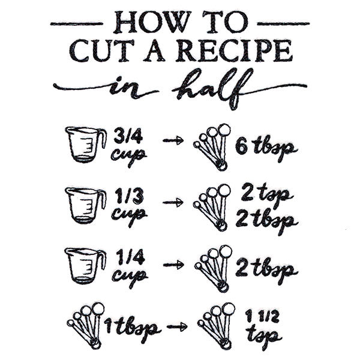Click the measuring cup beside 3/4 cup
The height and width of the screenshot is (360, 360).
(85, 144)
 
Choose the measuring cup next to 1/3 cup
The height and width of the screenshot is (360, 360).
(85, 205)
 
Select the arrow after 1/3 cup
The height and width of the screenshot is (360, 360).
(173, 202)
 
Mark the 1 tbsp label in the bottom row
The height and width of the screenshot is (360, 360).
(133, 328)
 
